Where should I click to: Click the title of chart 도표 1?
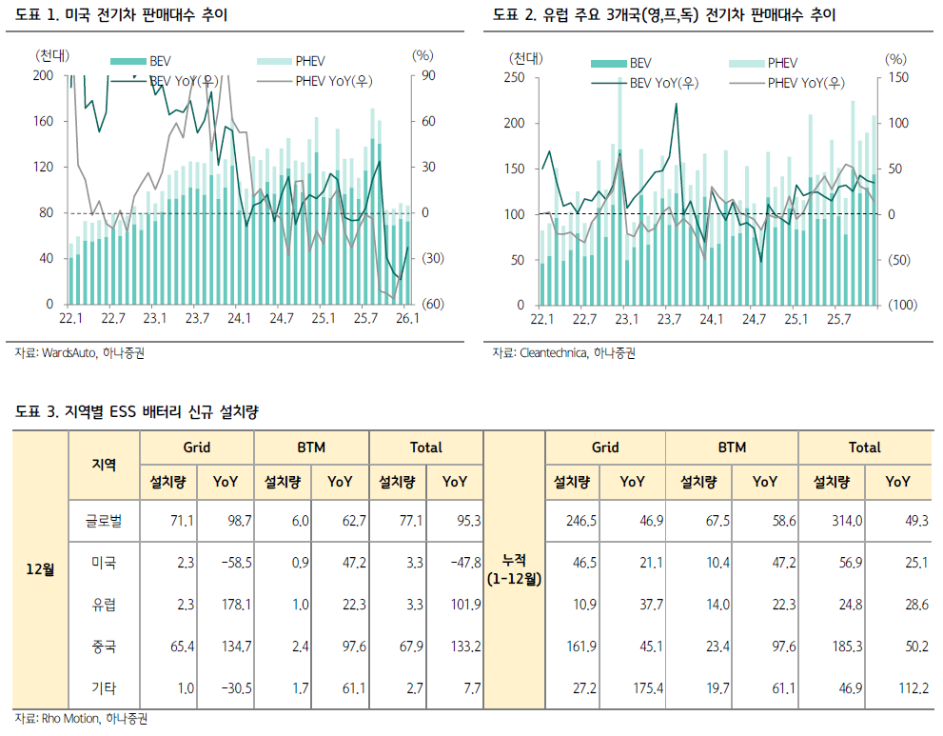(x=121, y=15)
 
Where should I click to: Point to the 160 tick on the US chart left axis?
(x=43, y=121)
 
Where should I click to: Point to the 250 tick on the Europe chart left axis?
(x=514, y=77)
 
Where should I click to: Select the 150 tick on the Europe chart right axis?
(x=897, y=77)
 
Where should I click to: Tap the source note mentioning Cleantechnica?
(x=563, y=353)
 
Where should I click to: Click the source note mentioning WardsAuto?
(x=80, y=353)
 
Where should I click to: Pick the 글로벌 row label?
(x=103, y=521)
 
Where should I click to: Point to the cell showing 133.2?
(x=463, y=646)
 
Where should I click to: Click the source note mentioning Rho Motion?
(x=82, y=719)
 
